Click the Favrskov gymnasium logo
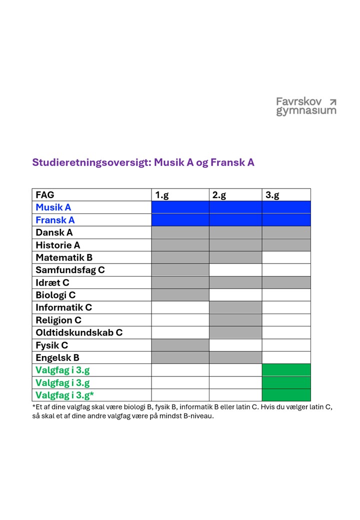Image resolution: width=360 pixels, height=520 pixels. click(x=306, y=106)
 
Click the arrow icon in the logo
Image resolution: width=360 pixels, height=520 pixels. click(x=332, y=102)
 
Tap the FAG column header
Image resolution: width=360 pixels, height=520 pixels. click(x=45, y=195)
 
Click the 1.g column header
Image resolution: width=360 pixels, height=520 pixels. click(x=161, y=195)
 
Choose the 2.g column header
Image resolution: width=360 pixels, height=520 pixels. click(x=219, y=195)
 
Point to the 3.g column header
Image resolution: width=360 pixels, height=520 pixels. click(x=272, y=195)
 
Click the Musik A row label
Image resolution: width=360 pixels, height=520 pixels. click(x=53, y=207)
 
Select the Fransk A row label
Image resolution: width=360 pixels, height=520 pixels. click(x=55, y=220)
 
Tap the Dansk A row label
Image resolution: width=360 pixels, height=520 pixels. click(x=54, y=232)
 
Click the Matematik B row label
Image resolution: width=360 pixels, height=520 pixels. click(x=64, y=257)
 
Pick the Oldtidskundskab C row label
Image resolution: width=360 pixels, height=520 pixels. click(x=79, y=332)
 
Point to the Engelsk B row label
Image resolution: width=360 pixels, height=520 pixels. click(x=57, y=357)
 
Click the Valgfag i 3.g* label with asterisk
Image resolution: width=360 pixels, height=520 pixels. click(x=65, y=395)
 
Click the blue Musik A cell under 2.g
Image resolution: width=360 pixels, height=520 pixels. click(x=235, y=207)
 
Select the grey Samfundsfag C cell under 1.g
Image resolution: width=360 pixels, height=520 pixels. click(x=180, y=270)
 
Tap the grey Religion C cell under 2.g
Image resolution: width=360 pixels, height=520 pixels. click(x=235, y=320)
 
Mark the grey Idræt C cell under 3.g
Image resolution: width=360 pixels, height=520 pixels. click(x=286, y=282)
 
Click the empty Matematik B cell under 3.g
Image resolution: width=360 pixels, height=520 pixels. click(x=286, y=257)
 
